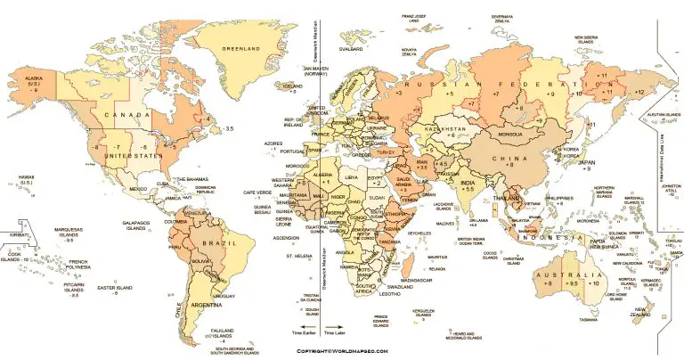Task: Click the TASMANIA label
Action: [588, 319]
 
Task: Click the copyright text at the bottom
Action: [343, 352]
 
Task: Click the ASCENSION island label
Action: [285, 238]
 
